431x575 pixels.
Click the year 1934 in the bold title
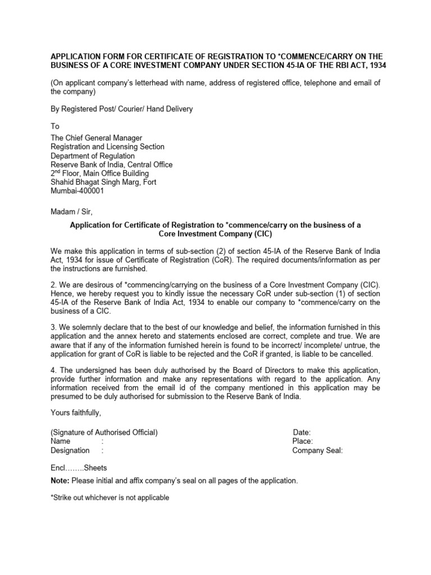click(376, 66)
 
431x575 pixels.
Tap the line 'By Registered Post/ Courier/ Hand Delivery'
click(122, 109)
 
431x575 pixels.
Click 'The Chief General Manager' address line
click(97, 138)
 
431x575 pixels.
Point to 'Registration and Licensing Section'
click(108, 147)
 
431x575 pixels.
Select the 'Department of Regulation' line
click(93, 156)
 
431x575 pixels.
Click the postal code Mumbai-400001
click(77, 191)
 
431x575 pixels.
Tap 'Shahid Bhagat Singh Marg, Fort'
click(103, 182)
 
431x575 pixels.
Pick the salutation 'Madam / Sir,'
click(71, 212)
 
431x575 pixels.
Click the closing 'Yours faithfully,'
click(76, 413)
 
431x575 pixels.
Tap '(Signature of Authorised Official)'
click(104, 432)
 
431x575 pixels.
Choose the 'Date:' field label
click(302, 432)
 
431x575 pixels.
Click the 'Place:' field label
click(302, 441)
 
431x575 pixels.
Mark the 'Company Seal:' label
click(317, 450)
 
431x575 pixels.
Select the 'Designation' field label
click(70, 450)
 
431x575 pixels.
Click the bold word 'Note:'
click(60, 481)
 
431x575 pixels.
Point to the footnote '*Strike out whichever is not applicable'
click(110, 498)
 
